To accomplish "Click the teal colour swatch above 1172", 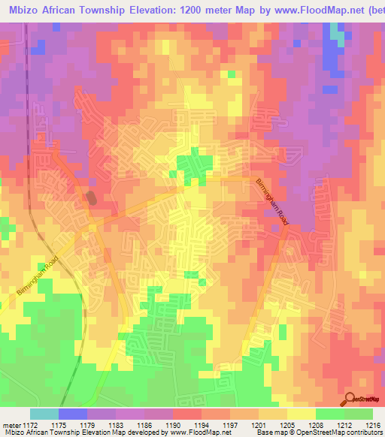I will [44, 414].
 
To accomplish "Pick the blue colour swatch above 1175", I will [72, 414].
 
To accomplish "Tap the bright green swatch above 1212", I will [329, 414].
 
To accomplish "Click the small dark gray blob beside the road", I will [92, 198].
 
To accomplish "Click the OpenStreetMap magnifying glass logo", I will [350, 398].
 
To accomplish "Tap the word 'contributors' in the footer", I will [362, 432].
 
